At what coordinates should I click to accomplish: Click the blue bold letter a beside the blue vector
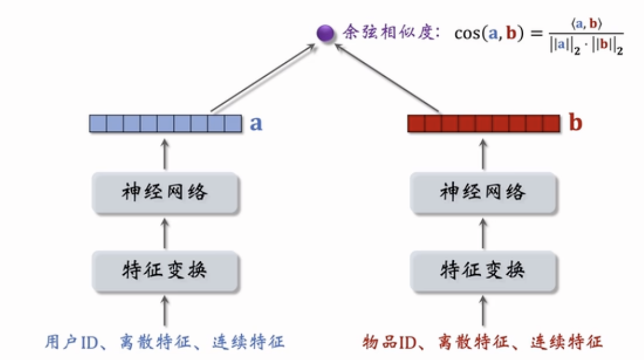tap(256, 123)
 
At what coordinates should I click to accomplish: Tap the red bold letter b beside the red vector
tap(575, 123)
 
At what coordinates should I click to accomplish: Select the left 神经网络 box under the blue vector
tap(165, 193)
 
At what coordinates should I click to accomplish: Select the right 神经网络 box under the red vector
tap(483, 193)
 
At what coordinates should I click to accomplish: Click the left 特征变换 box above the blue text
tap(165, 270)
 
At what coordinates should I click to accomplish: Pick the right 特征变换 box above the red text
tap(483, 270)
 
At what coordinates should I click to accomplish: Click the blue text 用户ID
tap(70, 341)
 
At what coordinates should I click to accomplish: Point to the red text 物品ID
tap(388, 341)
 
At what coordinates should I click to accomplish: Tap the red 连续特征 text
tap(567, 341)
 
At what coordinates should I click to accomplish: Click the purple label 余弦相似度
tap(389, 33)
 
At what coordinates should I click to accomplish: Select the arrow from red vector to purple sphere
tap(387, 79)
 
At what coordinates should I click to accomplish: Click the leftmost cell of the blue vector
tap(98, 123)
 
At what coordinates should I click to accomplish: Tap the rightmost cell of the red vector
tap(552, 123)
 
